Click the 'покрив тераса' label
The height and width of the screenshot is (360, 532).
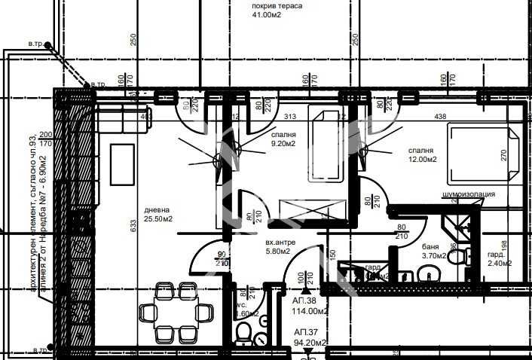click(277, 6)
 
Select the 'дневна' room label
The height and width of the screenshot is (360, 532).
click(157, 209)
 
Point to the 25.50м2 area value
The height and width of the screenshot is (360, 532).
click(159, 219)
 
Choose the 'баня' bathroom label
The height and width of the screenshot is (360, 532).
click(430, 246)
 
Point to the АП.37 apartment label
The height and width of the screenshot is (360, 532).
click(305, 331)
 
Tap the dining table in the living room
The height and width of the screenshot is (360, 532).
click(176, 310)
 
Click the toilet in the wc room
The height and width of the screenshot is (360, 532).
click(243, 331)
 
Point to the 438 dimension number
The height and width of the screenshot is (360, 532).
click(441, 117)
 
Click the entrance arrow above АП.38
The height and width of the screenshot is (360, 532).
click(305, 288)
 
